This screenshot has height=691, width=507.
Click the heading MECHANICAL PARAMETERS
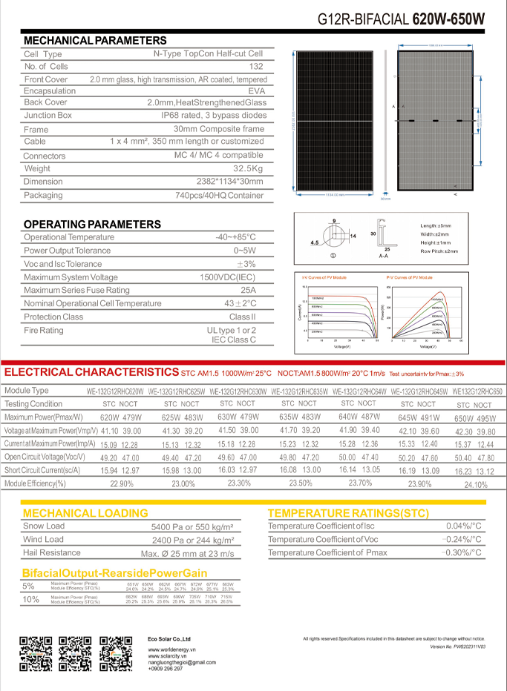pos(95,40)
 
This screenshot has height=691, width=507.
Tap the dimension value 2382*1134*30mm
pos(226,182)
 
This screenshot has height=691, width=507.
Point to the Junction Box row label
pos(48,116)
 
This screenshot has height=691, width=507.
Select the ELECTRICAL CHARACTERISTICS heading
pos(91,371)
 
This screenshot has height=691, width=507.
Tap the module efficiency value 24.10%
pos(475,485)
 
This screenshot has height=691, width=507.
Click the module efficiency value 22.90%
pos(121,483)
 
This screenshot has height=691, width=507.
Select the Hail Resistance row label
pos(52,552)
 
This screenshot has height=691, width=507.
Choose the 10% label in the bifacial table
pos(31,599)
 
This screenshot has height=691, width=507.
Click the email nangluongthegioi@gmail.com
pos(181,662)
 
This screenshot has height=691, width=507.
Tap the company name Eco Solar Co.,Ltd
pos(169,638)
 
